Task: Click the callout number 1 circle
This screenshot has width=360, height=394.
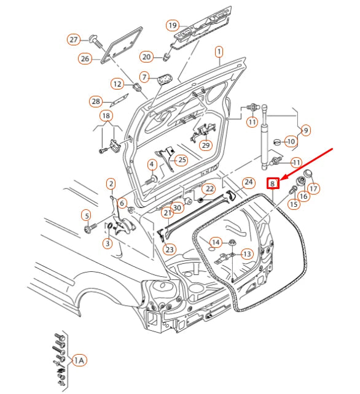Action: (x=219, y=53)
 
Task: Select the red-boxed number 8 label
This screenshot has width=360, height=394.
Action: (x=272, y=183)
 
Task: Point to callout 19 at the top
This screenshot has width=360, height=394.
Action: (x=173, y=26)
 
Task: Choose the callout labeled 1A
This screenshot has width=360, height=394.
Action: (x=79, y=360)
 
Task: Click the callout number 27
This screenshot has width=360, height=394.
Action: (x=74, y=40)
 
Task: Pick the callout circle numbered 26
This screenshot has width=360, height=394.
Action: (x=85, y=59)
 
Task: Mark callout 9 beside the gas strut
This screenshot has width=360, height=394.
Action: (x=305, y=130)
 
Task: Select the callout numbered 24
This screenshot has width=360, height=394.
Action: (x=248, y=182)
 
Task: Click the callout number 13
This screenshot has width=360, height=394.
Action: (x=246, y=253)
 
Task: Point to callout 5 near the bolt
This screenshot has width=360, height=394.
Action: (x=86, y=215)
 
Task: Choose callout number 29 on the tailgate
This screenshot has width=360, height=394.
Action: (x=205, y=145)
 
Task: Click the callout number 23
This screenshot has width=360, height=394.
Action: (x=170, y=249)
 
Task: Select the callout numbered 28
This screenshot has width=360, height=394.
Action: (x=95, y=101)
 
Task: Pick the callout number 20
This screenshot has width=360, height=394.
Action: (x=146, y=57)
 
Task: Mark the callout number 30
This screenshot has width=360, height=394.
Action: (x=178, y=207)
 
